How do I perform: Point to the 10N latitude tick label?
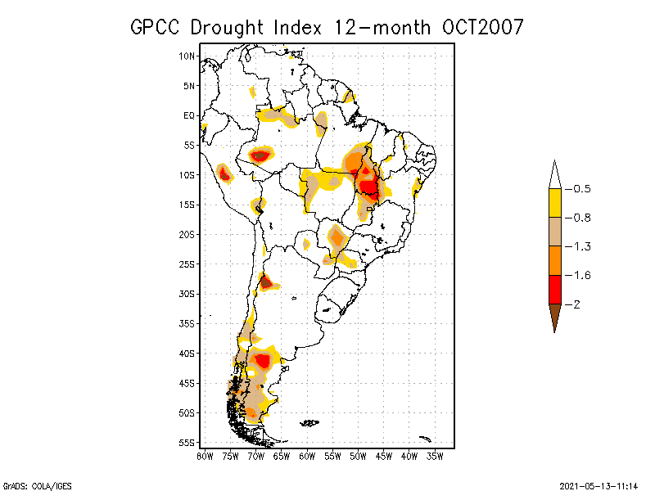[187, 56]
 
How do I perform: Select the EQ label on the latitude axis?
[189, 116]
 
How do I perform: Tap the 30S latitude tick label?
[187, 294]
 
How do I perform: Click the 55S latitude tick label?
[187, 443]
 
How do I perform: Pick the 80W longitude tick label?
[205, 456]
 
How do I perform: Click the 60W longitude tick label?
[307, 456]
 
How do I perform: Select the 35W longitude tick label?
[435, 456]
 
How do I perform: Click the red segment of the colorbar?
[554, 290]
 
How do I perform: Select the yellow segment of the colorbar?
[554, 203]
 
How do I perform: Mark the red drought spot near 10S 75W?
[224, 173]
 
